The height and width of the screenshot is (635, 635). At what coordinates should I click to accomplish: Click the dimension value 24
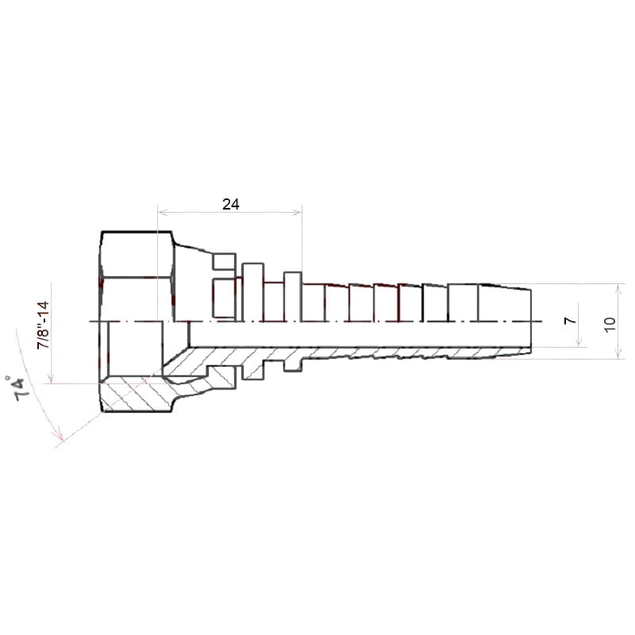pyautogui.click(x=230, y=204)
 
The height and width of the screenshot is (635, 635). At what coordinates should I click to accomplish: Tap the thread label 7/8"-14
pyautogui.click(x=43, y=325)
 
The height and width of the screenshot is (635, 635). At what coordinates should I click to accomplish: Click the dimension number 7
pyautogui.click(x=570, y=321)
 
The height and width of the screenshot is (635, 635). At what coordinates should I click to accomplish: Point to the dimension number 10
pyautogui.click(x=610, y=325)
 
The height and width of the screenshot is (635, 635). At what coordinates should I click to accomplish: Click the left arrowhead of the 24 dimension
pyautogui.click(x=162, y=211)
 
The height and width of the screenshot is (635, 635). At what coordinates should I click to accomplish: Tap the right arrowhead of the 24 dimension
pyautogui.click(x=298, y=211)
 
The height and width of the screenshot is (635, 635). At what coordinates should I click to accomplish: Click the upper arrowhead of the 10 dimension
pyautogui.click(x=618, y=288)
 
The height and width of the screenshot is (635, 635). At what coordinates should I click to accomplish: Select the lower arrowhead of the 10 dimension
pyautogui.click(x=618, y=355)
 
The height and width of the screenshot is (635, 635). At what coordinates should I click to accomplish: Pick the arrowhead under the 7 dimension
pyautogui.click(x=579, y=343)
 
